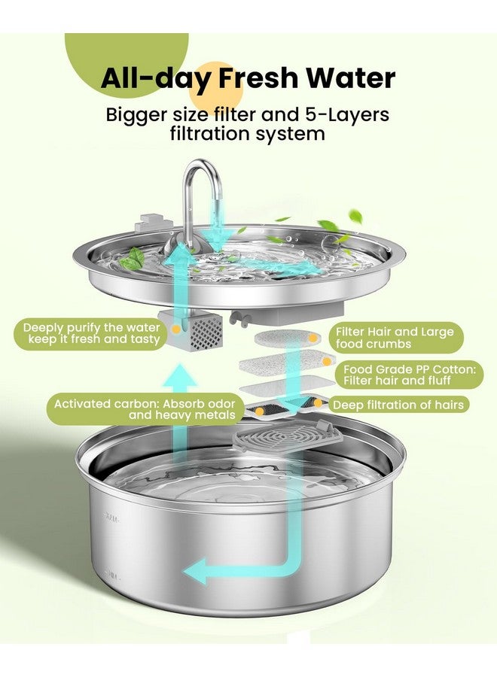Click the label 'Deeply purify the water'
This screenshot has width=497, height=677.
click(x=91, y=328)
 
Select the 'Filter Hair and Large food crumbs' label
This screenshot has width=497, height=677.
click(x=395, y=336)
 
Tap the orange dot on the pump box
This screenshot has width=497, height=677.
click(x=175, y=329)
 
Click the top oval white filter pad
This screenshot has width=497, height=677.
click(x=290, y=338)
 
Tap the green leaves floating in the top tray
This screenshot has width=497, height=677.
click(x=133, y=259)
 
